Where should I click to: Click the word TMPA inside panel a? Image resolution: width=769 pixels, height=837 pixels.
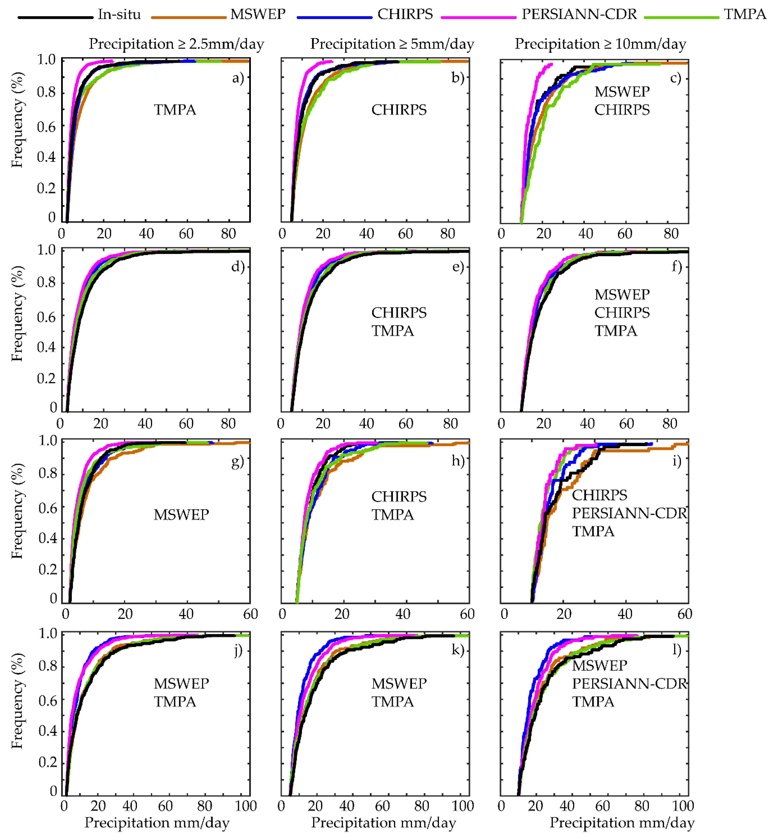click(x=175, y=110)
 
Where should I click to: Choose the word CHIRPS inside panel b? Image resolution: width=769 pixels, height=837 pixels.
click(x=399, y=110)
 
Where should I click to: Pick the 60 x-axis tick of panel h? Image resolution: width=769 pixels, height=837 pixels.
click(x=467, y=614)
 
